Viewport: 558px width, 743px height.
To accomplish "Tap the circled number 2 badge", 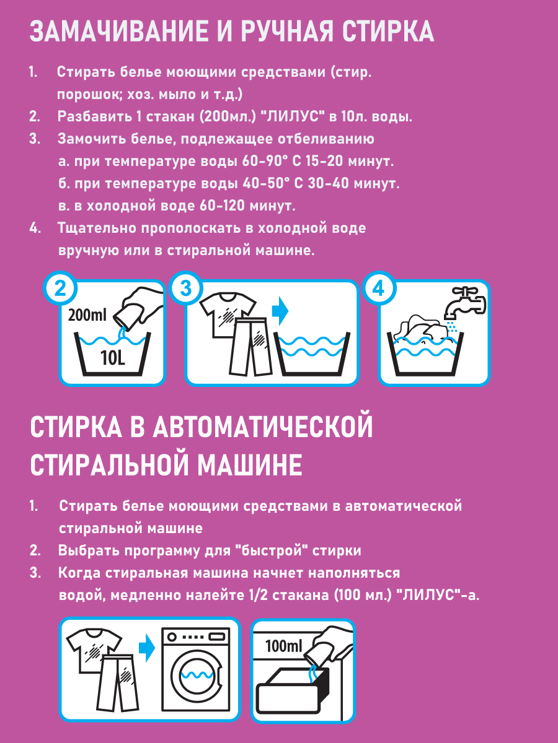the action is (x=60, y=289).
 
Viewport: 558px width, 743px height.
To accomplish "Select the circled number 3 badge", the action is (x=185, y=289).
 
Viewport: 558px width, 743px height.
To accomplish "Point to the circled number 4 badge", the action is (x=378, y=289).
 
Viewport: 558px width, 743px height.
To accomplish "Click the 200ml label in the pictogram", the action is (x=87, y=315).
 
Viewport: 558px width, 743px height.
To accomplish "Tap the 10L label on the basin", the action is (x=113, y=358).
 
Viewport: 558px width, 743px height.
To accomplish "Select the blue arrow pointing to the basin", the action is (x=280, y=311).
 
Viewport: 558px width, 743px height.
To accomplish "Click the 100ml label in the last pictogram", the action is (x=283, y=646).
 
